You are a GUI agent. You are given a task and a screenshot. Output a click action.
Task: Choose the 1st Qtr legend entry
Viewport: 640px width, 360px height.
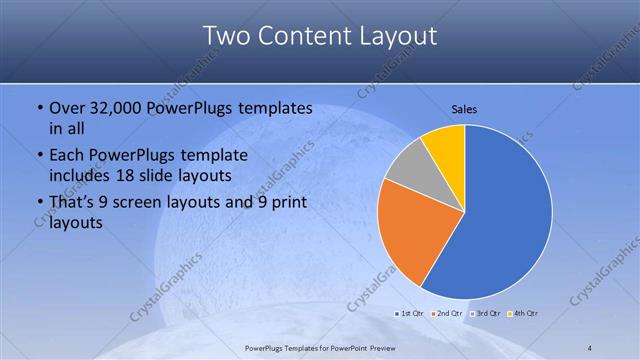click(411, 313)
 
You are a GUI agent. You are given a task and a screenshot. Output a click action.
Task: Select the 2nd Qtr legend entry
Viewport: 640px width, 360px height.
click(447, 313)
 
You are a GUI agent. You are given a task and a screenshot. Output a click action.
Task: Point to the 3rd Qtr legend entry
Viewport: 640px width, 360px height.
click(485, 313)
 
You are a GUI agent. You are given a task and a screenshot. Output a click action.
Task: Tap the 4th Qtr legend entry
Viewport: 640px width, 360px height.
click(523, 313)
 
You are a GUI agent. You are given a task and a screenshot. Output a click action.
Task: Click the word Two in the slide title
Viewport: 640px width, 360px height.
click(225, 36)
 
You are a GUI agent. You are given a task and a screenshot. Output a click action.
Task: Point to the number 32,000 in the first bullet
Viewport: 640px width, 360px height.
click(115, 108)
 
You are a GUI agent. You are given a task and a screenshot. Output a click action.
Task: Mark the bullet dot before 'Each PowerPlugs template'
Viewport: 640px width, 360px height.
click(39, 156)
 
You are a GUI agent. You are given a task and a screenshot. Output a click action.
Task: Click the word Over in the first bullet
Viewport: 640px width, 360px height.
click(66, 108)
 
